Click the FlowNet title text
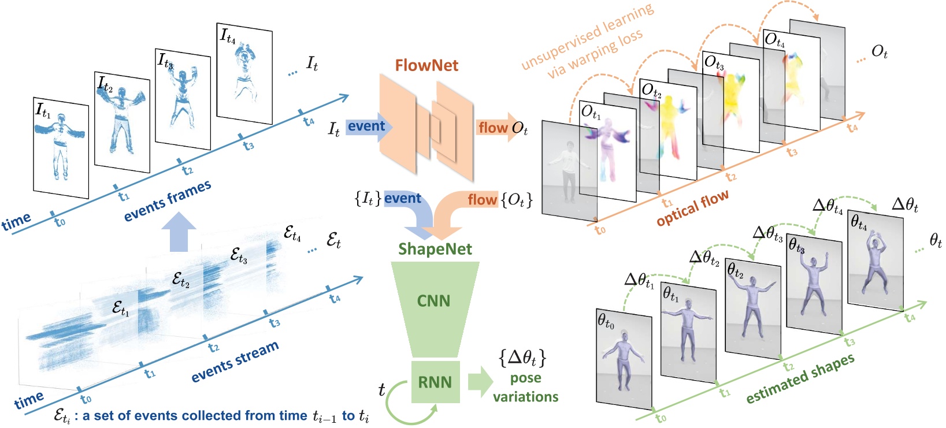[x=426, y=65]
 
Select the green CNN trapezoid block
[x=434, y=301]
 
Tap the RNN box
[x=435, y=382]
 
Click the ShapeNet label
[x=435, y=249]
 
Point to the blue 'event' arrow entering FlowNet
[x=368, y=127]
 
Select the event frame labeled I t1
[x=61, y=148]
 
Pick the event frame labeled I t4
[x=244, y=74]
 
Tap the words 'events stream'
[x=235, y=362]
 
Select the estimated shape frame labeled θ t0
[x=624, y=358]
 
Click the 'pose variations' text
[x=525, y=388]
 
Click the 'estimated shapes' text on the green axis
[x=800, y=379]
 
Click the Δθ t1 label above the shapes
[x=639, y=281]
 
